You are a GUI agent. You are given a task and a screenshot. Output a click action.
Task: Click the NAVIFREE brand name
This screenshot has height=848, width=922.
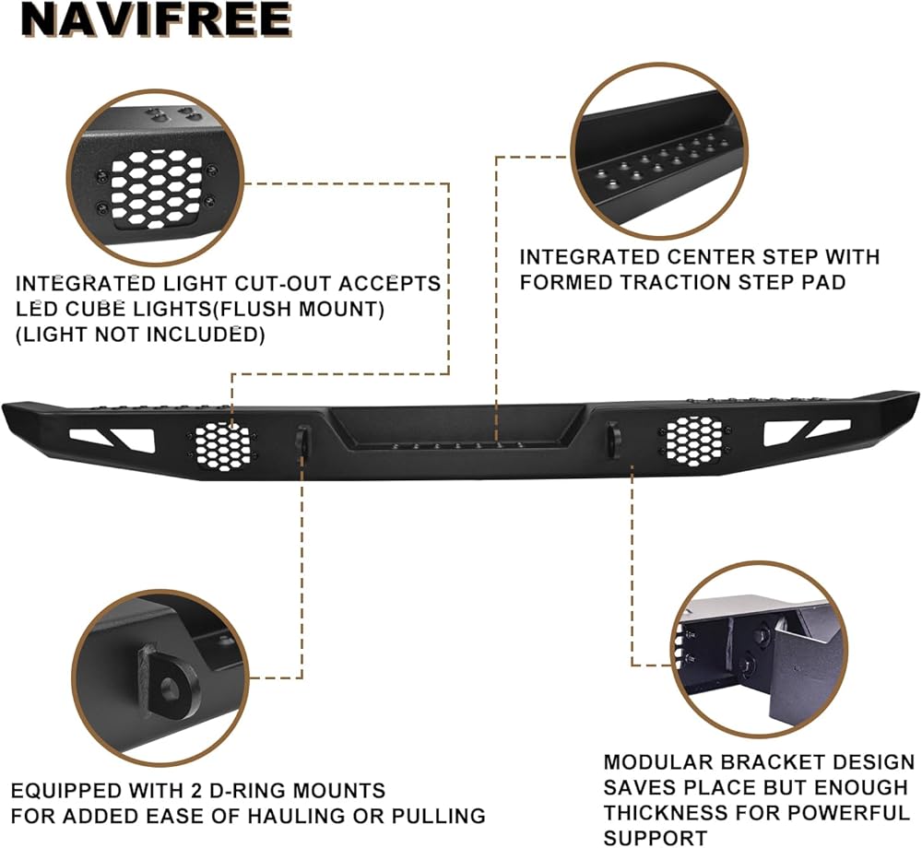point(157,20)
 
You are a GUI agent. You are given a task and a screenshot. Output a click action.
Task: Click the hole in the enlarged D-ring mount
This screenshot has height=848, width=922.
point(171,687)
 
